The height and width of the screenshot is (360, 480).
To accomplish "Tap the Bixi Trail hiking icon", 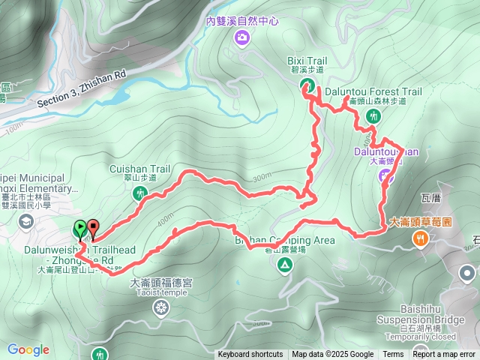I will click(307, 85).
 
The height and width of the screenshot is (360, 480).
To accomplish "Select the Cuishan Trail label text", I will click(140, 169).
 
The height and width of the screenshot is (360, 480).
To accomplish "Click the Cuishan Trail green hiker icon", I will click(139, 194).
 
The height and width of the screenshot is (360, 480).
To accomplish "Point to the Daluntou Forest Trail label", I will click(373, 91).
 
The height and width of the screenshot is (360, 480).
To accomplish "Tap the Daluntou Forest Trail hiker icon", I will click(373, 116).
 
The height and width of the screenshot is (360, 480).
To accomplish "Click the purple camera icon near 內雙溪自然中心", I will click(241, 37).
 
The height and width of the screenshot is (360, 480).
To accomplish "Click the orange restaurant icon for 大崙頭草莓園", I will click(420, 239).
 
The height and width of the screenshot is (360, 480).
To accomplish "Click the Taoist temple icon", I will click(161, 307).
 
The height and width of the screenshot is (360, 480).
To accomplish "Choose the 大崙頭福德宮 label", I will click(161, 283).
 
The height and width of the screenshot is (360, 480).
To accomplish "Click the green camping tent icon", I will click(284, 268).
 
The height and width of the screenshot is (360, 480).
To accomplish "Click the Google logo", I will click(28, 349).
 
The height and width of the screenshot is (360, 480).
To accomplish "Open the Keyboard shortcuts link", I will click(250, 355).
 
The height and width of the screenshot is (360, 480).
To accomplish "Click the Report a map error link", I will click(444, 355).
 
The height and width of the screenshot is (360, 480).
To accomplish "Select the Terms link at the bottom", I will click(393, 355).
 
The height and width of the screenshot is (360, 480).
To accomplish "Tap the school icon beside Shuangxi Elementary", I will click(26, 220).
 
